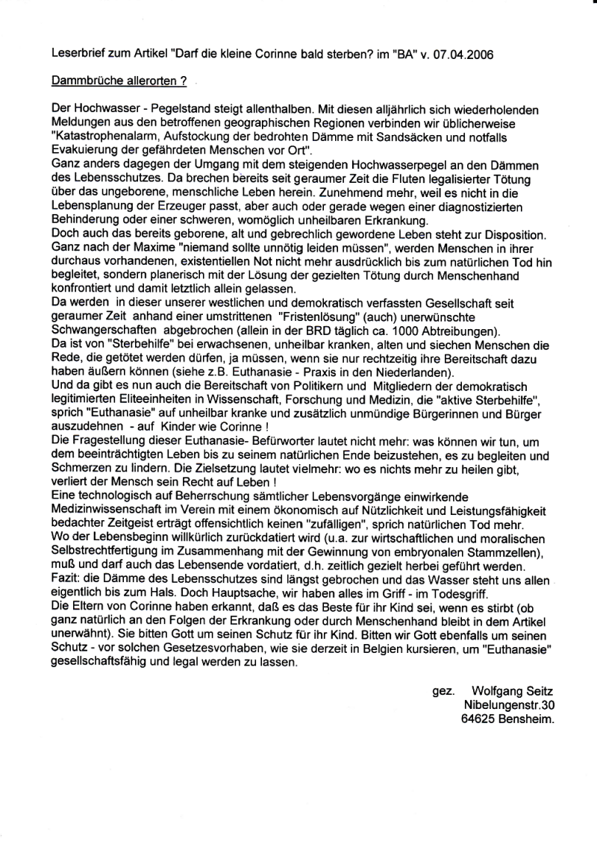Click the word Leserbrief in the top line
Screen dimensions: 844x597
pyautogui.click(x=75, y=54)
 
